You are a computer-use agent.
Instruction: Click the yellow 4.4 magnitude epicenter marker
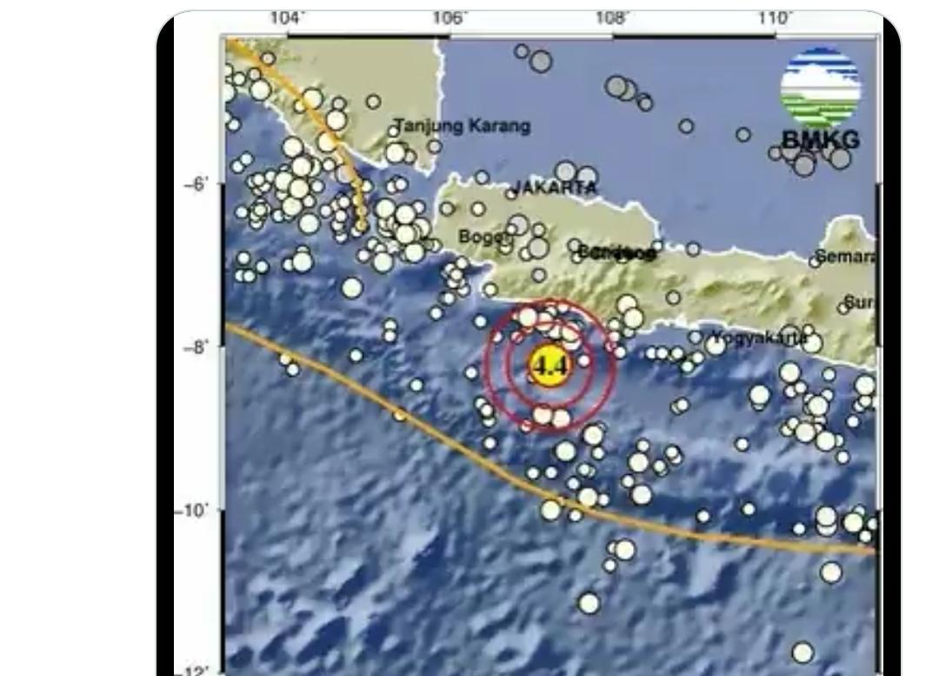[x=549, y=365]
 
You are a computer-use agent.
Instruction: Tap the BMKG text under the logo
[x=820, y=139]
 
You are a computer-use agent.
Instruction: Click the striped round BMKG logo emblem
[x=820, y=86]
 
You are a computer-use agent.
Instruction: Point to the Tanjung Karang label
[x=463, y=126]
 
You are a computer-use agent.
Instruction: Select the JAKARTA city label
[x=556, y=188]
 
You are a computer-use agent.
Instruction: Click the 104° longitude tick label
[x=287, y=17]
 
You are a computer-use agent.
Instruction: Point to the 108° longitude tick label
[x=612, y=17]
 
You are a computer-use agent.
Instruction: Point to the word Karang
[x=499, y=126]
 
